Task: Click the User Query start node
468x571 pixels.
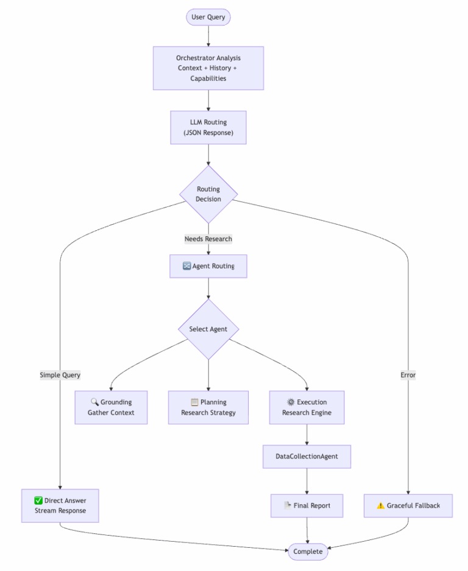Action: [208, 17]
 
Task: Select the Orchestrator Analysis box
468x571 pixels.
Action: [208, 68]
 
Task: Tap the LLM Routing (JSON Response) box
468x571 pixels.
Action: [208, 127]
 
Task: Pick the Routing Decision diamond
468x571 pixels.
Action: [208, 194]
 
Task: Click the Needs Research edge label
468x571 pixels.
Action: [208, 239]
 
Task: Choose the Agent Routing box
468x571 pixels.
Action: [208, 266]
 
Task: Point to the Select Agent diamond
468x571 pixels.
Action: [208, 329]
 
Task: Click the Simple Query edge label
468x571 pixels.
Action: [60, 375]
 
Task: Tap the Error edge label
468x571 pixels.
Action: [408, 375]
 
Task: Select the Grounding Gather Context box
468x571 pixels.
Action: [111, 407]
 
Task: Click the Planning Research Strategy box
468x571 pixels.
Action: [208, 407]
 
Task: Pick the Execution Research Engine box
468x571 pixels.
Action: [307, 407]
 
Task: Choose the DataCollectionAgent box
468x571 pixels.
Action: [307, 456]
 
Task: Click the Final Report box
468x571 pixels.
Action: [307, 505]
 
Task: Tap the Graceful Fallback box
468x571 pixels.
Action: [408, 505]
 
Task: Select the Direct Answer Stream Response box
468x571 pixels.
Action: [60, 505]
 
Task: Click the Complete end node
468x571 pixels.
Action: [308, 552]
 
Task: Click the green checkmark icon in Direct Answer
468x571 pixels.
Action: [38, 500]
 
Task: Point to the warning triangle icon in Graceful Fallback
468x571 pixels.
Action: [381, 505]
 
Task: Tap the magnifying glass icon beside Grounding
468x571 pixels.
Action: [94, 402]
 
